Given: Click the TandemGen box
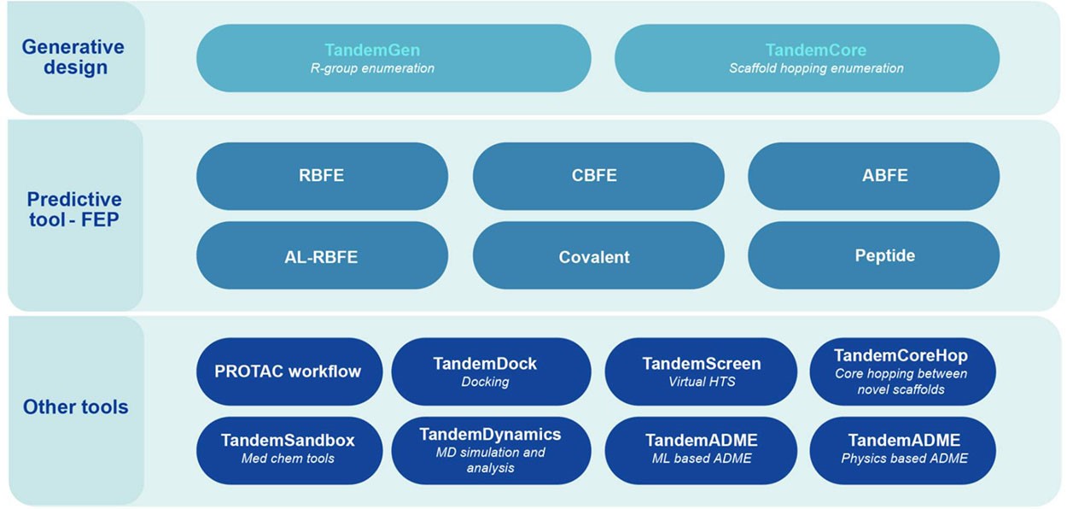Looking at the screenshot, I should (x=393, y=58).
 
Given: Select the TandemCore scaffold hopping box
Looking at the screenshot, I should (x=807, y=58).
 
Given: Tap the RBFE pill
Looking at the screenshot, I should (x=322, y=176).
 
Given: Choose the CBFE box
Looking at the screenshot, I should (x=598, y=176).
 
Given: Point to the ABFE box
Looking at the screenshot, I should (x=873, y=176).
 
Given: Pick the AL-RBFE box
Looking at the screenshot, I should (x=322, y=256).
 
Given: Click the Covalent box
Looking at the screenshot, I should (x=598, y=256).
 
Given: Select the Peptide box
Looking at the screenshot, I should (x=873, y=256).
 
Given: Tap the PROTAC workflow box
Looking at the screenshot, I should (x=289, y=372).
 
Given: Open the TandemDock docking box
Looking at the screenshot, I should (x=491, y=372).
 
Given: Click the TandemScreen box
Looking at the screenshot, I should (x=701, y=372).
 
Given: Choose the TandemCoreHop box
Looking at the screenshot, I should (x=901, y=372).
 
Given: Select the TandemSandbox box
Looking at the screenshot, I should (x=289, y=449).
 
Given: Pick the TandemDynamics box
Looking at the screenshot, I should (x=491, y=449).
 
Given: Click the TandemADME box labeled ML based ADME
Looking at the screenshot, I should (x=701, y=449).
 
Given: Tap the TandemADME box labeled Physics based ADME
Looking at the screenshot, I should (x=903, y=449).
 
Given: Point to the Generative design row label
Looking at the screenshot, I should (x=73, y=57).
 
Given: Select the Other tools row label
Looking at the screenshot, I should (x=76, y=407).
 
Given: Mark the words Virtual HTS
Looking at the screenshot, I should (x=701, y=382).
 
